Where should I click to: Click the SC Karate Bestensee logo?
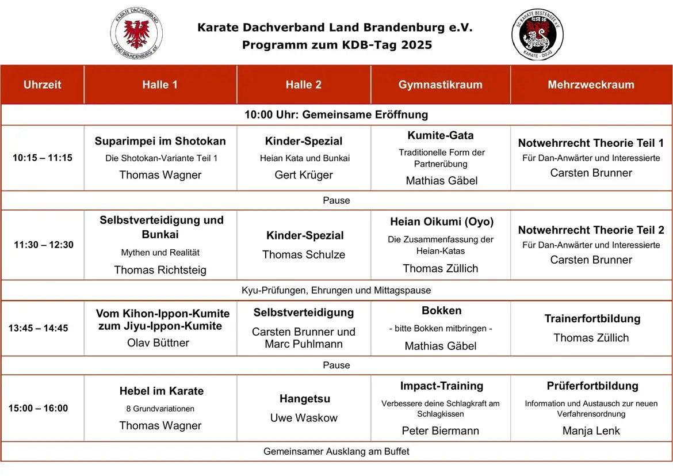click(x=537, y=35)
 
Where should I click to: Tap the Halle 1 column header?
click(x=160, y=85)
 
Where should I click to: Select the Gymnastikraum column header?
click(x=440, y=85)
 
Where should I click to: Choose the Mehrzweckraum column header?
click(x=591, y=85)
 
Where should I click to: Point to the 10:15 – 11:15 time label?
click(x=43, y=158)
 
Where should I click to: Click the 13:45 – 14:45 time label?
click(x=38, y=328)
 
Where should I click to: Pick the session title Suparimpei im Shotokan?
click(x=160, y=141)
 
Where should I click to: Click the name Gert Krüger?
click(x=304, y=175)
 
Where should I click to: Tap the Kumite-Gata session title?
click(x=441, y=135)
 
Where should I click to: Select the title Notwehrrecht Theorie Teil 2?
click(x=591, y=230)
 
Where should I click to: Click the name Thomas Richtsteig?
click(x=160, y=270)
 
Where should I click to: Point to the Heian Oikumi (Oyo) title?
click(x=441, y=222)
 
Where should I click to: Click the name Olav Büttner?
click(x=158, y=342)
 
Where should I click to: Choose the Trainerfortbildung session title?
click(x=592, y=318)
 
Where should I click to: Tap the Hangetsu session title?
click(x=305, y=399)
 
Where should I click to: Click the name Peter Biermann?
click(x=440, y=431)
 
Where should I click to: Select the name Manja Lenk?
click(x=591, y=431)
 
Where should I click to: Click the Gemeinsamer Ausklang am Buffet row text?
click(x=336, y=451)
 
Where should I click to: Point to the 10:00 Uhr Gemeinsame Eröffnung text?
click(x=336, y=115)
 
